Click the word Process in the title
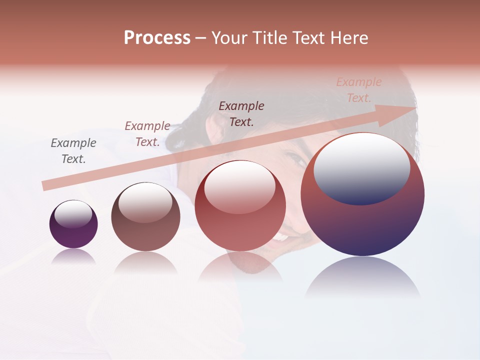pyautogui.click(x=157, y=38)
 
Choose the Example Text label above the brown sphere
pyautogui.click(x=147, y=134)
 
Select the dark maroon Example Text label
pyautogui.click(x=241, y=113)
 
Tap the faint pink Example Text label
pyautogui.click(x=359, y=90)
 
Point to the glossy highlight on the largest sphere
pyautogui.click(x=361, y=168)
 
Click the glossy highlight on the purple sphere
pyautogui.click(x=73, y=214)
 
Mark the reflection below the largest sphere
pyautogui.click(x=362, y=277)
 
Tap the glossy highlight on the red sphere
pyautogui.click(x=239, y=186)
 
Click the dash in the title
pyautogui.click(x=200, y=38)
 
